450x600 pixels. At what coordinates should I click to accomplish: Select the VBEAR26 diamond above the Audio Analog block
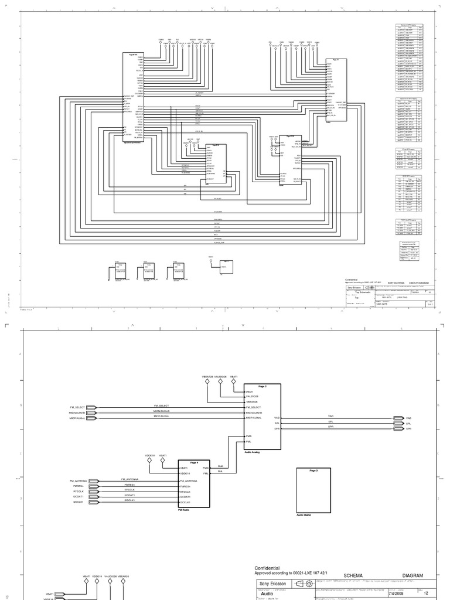pos(207,382)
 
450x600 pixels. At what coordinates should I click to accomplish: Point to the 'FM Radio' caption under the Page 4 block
pos(183,510)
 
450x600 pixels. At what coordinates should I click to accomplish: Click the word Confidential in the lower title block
pos(267,568)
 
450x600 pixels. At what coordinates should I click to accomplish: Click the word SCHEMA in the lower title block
pos(354,576)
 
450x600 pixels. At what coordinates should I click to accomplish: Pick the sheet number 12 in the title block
pos(427,594)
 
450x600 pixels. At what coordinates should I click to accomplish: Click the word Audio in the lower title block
pos(267,594)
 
